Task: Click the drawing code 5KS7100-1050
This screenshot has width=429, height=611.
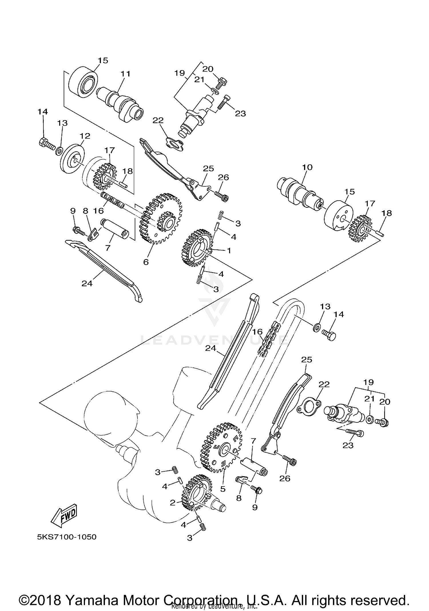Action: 67,537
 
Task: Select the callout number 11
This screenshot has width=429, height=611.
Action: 125,74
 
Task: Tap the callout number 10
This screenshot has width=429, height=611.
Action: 307,167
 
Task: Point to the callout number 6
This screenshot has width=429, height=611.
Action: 146,262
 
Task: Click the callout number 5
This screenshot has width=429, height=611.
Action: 223,489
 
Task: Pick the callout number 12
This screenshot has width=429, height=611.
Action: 85,136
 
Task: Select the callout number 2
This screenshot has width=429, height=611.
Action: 172,503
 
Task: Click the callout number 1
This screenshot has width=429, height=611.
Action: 229,250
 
